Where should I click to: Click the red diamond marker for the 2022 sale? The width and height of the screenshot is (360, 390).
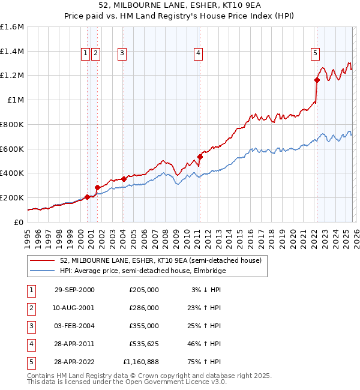coord(317,79)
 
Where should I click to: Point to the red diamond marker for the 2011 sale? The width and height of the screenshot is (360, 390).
coord(200,157)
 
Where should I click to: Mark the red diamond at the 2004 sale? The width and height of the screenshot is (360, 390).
coord(124,179)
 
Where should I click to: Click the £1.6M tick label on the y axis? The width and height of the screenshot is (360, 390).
coord(12,27)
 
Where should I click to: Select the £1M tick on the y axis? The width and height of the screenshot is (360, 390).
coord(15,100)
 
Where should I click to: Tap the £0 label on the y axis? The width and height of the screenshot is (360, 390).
coord(19,222)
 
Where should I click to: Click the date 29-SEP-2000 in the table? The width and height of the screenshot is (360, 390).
coord(74,290)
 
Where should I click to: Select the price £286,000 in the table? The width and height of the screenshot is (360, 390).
coord(144,308)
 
